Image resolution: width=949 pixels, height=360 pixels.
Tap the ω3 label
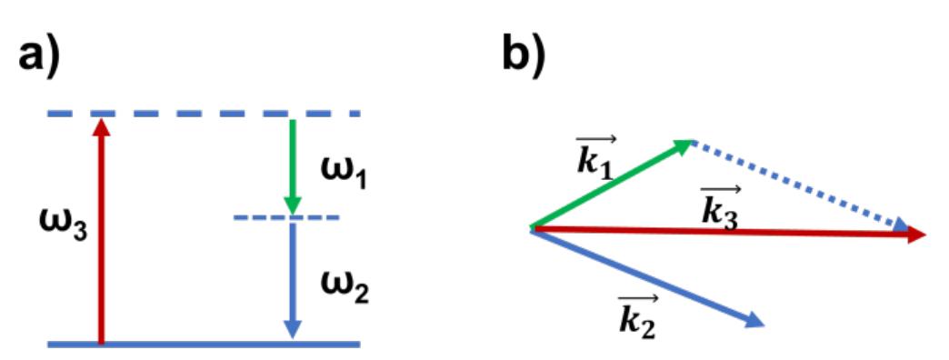pyautogui.click(x=63, y=225)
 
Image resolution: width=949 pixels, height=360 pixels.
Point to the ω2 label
pyautogui.click(x=345, y=287)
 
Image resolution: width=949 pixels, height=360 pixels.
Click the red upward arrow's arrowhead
pyautogui.click(x=101, y=126)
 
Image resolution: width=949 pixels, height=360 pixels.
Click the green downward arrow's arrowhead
pyautogui.click(x=293, y=205)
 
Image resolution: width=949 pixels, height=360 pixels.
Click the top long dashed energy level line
pyautogui.click(x=204, y=114)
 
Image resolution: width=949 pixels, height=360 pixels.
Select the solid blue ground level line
pyautogui.click(x=204, y=345)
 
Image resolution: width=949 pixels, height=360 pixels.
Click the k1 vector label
pyautogui.click(x=596, y=157)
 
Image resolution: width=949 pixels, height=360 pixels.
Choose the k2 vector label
pyautogui.click(x=637, y=316)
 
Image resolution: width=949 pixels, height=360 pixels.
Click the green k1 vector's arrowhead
pyautogui.click(x=684, y=145)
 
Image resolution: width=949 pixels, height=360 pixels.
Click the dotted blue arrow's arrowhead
pyautogui.click(x=901, y=225)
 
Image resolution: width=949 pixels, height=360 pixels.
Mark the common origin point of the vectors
pyautogui.click(x=531, y=229)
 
